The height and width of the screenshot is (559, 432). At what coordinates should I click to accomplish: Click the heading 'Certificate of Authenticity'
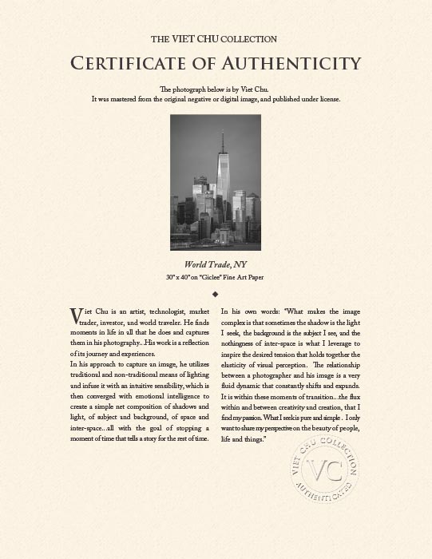pyautogui.click(x=216, y=62)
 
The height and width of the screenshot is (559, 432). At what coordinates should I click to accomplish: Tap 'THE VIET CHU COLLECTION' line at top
pyautogui.click(x=216, y=38)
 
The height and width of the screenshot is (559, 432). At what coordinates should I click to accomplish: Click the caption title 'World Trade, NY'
pyautogui.click(x=216, y=264)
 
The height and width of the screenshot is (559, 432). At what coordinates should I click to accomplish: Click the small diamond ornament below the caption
pyautogui.click(x=216, y=293)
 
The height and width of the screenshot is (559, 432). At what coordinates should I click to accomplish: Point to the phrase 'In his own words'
pyautogui.click(x=249, y=311)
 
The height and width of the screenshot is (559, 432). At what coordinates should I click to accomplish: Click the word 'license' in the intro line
pyautogui.click(x=327, y=99)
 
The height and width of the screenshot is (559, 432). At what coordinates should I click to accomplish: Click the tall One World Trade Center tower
pyautogui.click(x=223, y=176)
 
